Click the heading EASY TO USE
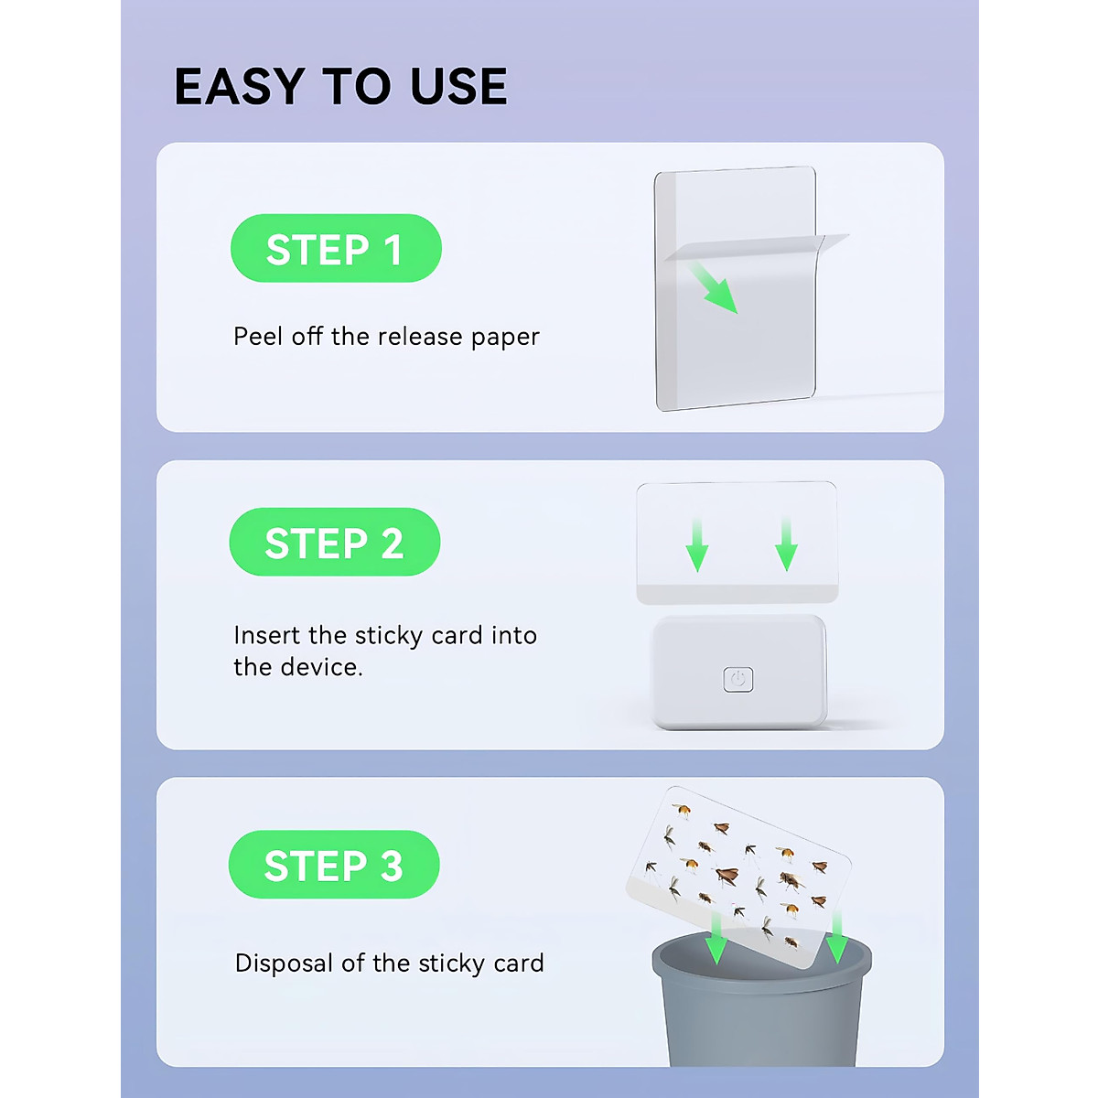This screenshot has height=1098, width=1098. [x=340, y=87]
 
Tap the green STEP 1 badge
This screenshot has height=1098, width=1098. [x=336, y=249]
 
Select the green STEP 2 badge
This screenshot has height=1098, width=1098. [x=335, y=543]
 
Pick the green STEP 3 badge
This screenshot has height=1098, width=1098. [x=334, y=865]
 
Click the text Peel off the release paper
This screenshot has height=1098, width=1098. [x=386, y=337]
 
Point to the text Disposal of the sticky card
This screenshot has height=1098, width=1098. [x=389, y=963]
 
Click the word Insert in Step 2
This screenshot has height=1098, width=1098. [x=267, y=635]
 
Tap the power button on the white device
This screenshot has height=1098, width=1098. [x=738, y=679]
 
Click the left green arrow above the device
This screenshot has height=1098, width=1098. [x=697, y=545]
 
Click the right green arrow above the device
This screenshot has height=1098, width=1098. [x=786, y=545]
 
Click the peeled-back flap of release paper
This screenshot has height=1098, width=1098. [x=755, y=246]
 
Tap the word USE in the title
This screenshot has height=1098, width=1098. [x=457, y=87]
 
